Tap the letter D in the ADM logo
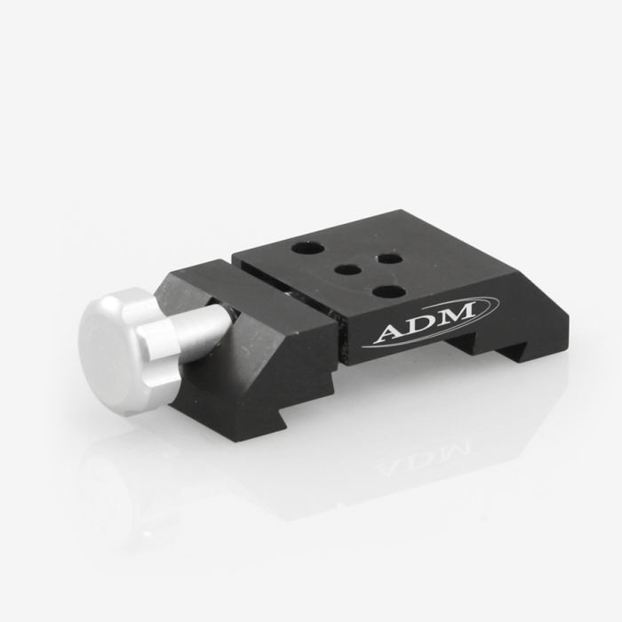[x=421, y=326]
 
